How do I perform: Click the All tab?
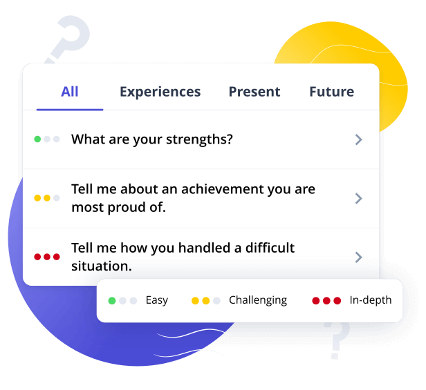(x=70, y=92)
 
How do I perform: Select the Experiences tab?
(x=160, y=92)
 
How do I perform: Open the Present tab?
(x=254, y=92)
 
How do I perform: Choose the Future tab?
(x=332, y=92)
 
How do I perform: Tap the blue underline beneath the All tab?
(x=70, y=110)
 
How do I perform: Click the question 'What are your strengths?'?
(x=152, y=139)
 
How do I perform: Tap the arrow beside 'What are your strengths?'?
(x=359, y=139)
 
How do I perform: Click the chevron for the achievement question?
(x=359, y=199)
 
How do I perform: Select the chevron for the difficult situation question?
(x=359, y=257)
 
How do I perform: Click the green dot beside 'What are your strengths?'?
(x=37, y=139)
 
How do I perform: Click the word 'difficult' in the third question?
(x=270, y=248)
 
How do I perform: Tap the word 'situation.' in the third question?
(x=102, y=266)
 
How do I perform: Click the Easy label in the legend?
(x=157, y=300)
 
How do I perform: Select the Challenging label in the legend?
(x=258, y=300)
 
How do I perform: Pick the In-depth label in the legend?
(x=371, y=300)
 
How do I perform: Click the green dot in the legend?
(x=112, y=300)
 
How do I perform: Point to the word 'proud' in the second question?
(x=127, y=208)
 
